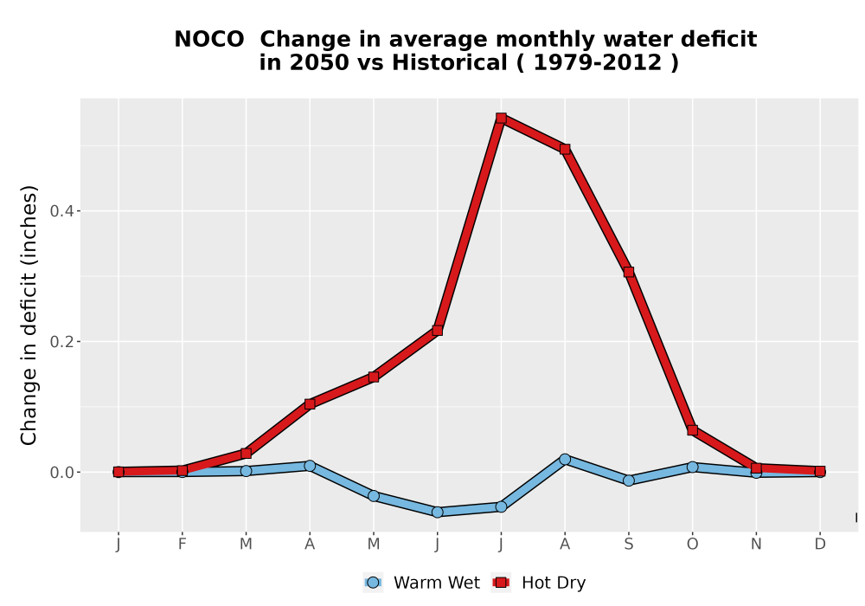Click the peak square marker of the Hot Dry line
coord(501,118)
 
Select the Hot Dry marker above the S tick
coord(628,272)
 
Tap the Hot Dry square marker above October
coord(692,430)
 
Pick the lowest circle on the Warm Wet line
coord(438,513)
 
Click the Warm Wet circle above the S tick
coord(628,480)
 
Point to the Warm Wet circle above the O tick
coord(692,467)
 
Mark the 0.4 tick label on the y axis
coord(61,211)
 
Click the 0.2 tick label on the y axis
coord(61,342)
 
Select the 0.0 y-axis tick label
coord(61,473)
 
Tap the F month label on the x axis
coord(182,545)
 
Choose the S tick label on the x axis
coord(628,545)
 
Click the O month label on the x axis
coord(692,545)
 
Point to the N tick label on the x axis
coord(756,545)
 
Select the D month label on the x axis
coord(820,545)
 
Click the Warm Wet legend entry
coord(421,583)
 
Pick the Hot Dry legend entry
coord(538,583)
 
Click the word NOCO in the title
coord(209,40)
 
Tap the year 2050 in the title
coord(319,63)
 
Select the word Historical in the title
coord(449,63)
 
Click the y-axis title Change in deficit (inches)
coord(29,315)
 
